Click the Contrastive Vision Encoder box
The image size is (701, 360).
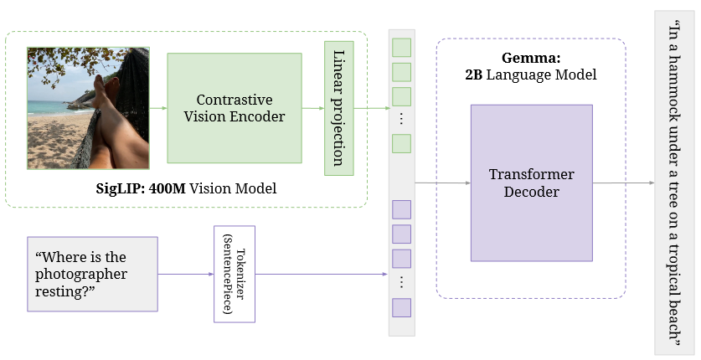coord(234,108)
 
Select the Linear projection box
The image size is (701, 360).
coord(339,107)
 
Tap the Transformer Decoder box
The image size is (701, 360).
coord(531,183)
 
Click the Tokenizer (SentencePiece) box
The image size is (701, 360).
coord(234,274)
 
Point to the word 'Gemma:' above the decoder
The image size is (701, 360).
coord(530,58)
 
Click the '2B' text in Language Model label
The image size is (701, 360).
coord(475,75)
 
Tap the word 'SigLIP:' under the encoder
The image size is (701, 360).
coord(121,189)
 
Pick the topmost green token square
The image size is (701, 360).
coord(402,47)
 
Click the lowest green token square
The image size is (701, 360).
coord(402,143)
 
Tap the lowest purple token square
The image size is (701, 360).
coord(402,307)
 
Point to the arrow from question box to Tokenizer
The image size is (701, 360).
coord(185,274)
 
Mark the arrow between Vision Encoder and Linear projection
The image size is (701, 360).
coord(312,108)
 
